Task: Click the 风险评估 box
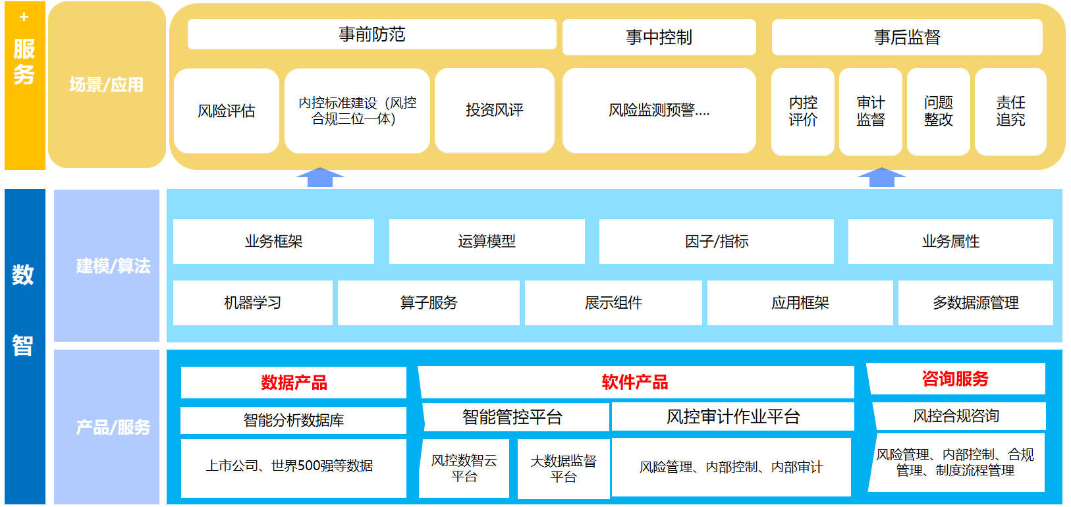click(226, 111)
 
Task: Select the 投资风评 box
click(494, 110)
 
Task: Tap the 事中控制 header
click(659, 38)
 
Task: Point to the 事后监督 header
click(906, 38)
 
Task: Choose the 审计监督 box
click(870, 111)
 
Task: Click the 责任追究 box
click(1010, 111)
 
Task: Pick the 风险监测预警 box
click(659, 110)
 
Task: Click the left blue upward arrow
click(320, 177)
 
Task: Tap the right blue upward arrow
click(881, 177)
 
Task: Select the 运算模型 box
click(487, 242)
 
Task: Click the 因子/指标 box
click(716, 242)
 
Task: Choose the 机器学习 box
click(252, 303)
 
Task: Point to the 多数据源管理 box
click(975, 303)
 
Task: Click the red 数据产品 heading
click(294, 383)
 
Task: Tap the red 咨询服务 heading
click(955, 379)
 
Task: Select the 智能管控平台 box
click(512, 417)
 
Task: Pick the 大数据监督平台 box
click(563, 469)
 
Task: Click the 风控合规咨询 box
click(956, 416)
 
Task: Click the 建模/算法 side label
click(113, 266)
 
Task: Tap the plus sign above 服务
click(24, 17)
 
